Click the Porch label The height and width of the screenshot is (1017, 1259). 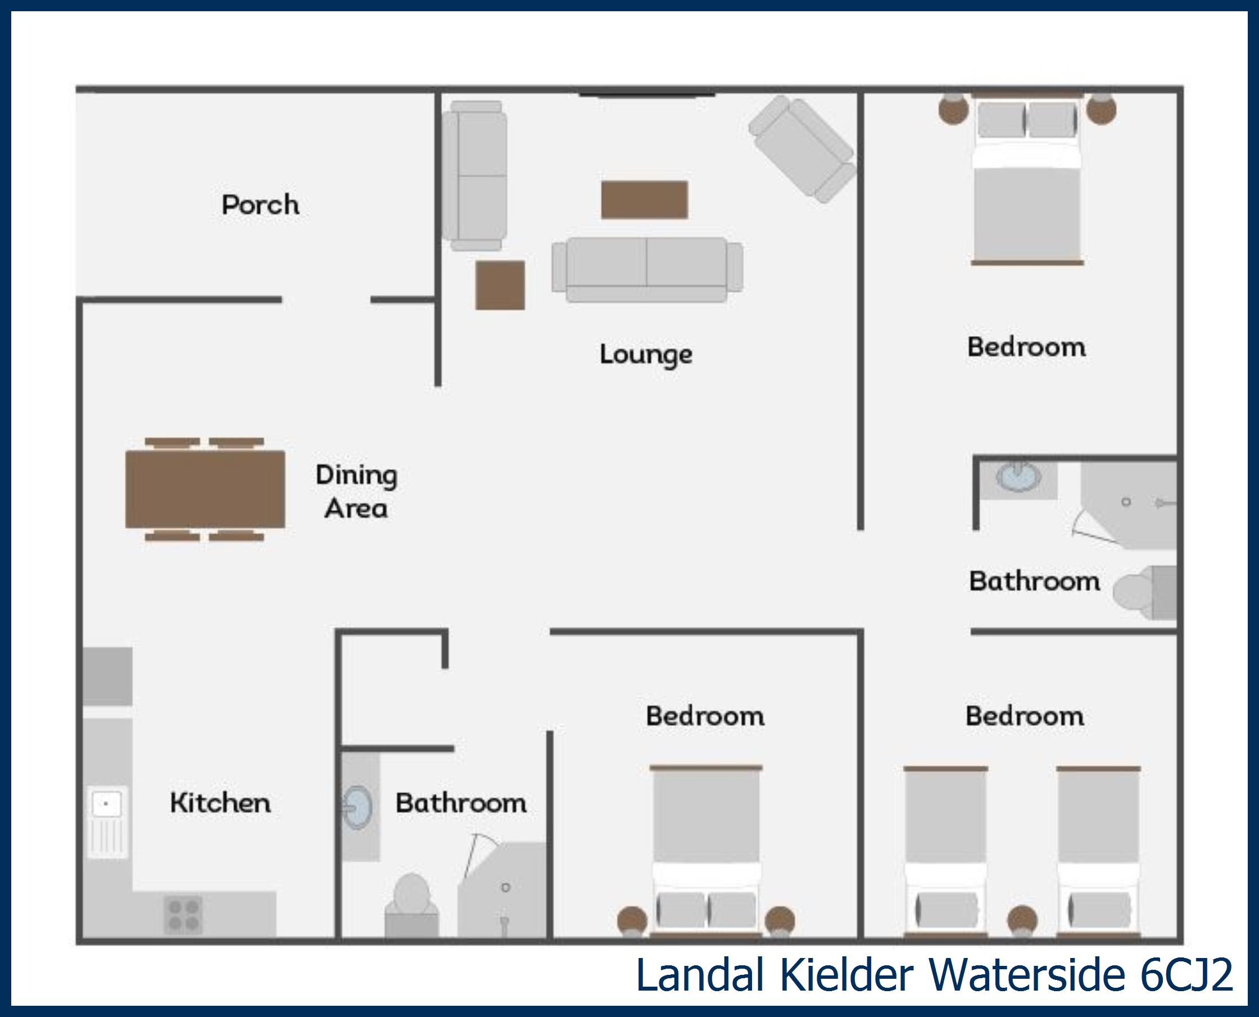point(260,205)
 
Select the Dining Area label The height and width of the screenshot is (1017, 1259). point(356,491)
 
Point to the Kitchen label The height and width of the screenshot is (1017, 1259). point(220,802)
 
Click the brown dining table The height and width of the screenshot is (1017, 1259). point(205,489)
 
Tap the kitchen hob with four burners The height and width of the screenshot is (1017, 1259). point(183,915)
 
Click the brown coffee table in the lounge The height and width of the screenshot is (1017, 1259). point(645,200)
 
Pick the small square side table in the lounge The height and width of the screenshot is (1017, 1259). point(500,285)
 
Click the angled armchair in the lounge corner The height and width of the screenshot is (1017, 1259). point(801,149)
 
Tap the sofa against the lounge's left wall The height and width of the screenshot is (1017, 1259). point(474,176)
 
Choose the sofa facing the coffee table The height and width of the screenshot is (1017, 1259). point(647,270)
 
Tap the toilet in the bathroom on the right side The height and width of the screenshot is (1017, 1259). point(1145,593)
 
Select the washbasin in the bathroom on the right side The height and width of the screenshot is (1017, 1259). point(1019,477)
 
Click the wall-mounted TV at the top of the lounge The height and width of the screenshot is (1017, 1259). point(647,94)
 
